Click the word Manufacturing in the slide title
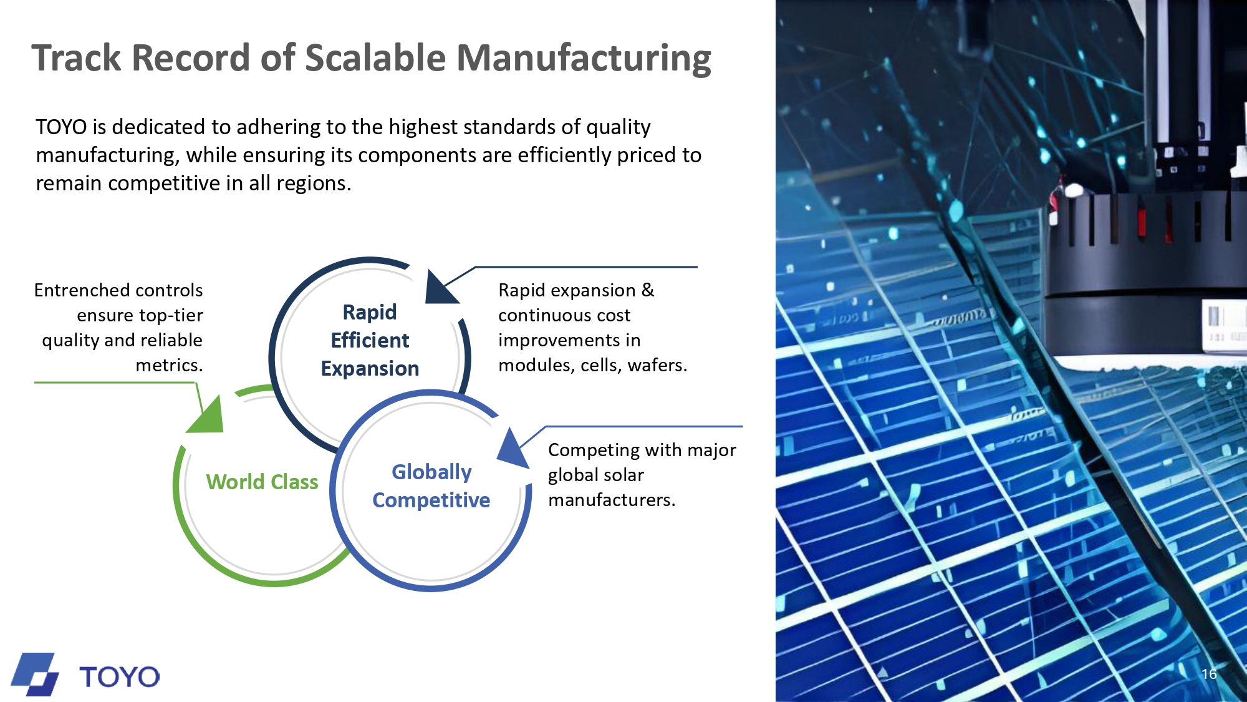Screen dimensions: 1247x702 pyautogui.click(x=584, y=59)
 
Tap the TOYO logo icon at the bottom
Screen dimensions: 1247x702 pyautogui.click(x=35, y=675)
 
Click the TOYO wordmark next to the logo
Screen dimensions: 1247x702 pyautogui.click(x=119, y=677)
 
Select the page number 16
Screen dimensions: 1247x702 pyautogui.click(x=1209, y=674)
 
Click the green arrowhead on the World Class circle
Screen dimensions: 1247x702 pyautogui.click(x=206, y=415)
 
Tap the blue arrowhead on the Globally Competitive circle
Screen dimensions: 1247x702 pyautogui.click(x=513, y=447)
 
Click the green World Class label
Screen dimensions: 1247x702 pyautogui.click(x=262, y=482)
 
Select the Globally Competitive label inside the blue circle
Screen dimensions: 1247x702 pyautogui.click(x=431, y=486)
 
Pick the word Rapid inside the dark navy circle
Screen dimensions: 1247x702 pyautogui.click(x=370, y=312)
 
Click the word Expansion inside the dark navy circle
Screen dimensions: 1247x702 pyautogui.click(x=370, y=369)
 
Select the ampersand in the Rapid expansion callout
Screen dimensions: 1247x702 pyautogui.click(x=648, y=290)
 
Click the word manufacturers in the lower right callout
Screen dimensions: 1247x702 pyautogui.click(x=612, y=500)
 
